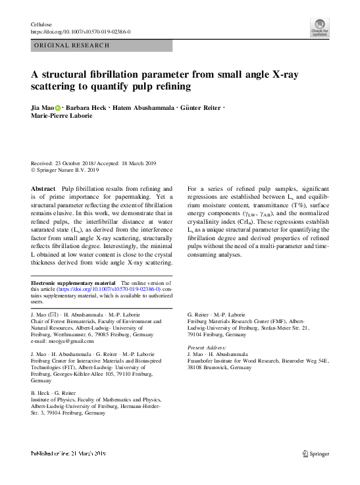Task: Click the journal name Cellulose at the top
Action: click(x=42, y=24)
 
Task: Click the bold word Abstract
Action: click(x=43, y=188)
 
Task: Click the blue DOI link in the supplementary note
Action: click(x=108, y=290)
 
